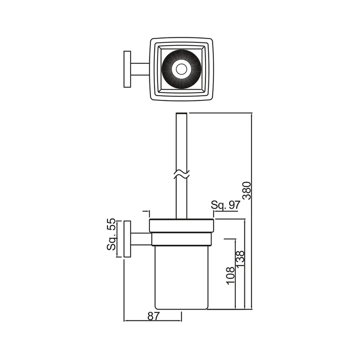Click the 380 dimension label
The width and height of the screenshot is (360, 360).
(247, 190)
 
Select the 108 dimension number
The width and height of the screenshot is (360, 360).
(231, 276)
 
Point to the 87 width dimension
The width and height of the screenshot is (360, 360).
(153, 316)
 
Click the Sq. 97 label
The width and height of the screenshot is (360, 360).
(225, 205)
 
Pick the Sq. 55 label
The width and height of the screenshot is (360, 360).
(112, 234)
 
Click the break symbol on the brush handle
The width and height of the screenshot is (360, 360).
(181, 175)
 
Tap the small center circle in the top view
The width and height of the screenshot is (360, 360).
(181, 69)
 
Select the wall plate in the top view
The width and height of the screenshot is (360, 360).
(127, 69)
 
